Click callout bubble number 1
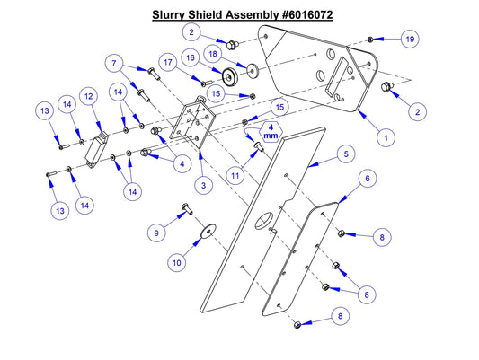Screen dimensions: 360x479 [385, 139]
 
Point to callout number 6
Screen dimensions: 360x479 [367, 180]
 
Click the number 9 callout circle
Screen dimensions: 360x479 [157, 233]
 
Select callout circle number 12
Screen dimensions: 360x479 [89, 95]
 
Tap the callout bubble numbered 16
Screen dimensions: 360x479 [191, 57]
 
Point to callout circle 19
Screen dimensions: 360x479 [409, 40]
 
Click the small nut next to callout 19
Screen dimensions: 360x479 [370, 40]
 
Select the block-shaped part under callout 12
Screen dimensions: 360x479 [94, 146]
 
